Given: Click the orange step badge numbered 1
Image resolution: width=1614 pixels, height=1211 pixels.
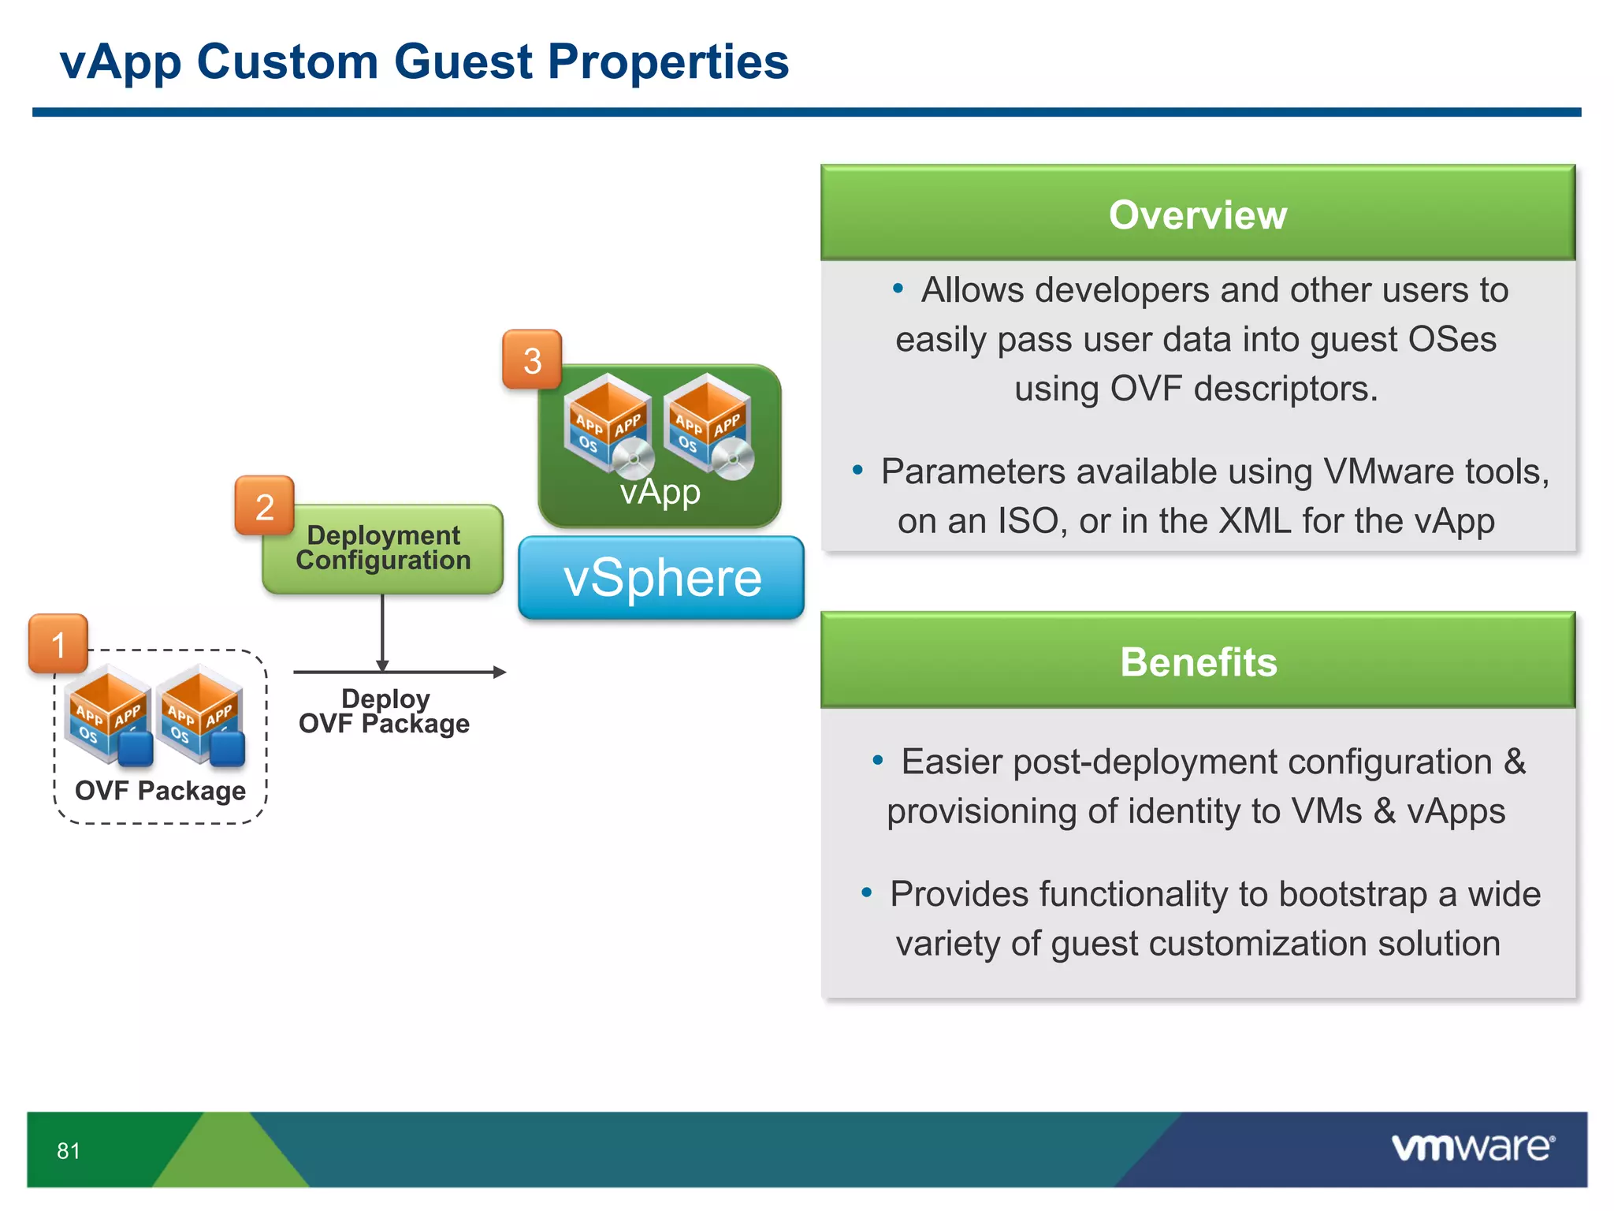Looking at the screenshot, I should pyautogui.click(x=58, y=644).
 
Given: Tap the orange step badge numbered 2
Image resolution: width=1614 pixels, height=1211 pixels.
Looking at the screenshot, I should pyautogui.click(x=264, y=506).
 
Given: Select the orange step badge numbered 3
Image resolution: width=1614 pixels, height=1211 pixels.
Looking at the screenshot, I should pyautogui.click(x=532, y=360).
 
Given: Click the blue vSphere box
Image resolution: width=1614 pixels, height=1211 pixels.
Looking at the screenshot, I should pyautogui.click(x=661, y=578).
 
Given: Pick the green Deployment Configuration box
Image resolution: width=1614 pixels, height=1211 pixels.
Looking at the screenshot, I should pyautogui.click(x=383, y=549).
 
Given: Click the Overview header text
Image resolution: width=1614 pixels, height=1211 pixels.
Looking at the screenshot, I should pyautogui.click(x=1197, y=215).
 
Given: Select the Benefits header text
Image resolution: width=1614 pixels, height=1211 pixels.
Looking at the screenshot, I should pyautogui.click(x=1198, y=662).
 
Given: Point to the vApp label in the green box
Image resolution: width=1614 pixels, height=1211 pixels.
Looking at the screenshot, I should pyautogui.click(x=660, y=492).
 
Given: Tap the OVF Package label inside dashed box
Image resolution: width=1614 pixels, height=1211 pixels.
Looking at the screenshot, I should pyautogui.click(x=160, y=791).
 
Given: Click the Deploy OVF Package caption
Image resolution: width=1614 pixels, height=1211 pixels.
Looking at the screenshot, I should pyautogui.click(x=385, y=711).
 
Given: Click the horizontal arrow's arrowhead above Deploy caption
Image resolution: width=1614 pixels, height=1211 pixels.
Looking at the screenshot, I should pyautogui.click(x=500, y=672).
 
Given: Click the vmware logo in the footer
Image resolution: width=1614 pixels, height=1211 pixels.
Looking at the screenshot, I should pyautogui.click(x=1472, y=1147).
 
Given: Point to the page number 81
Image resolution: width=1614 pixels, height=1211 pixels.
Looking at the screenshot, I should pyautogui.click(x=69, y=1151).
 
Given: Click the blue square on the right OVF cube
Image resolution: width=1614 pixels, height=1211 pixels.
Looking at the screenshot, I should pyautogui.click(x=228, y=749).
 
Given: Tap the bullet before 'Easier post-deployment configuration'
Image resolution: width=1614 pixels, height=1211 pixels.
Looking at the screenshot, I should pyautogui.click(x=877, y=761).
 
